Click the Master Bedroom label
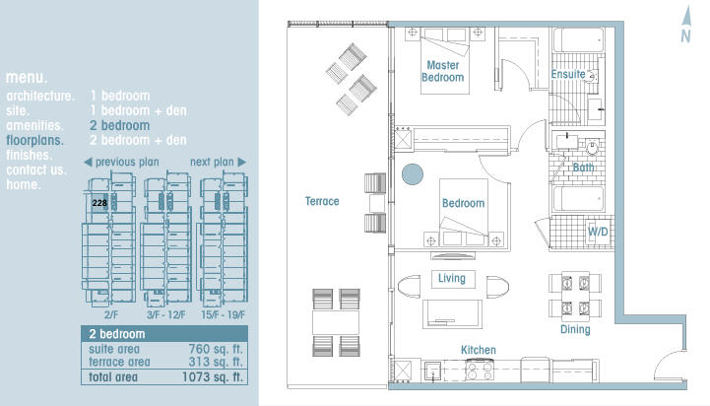pos(442,72)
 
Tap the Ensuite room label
pos(568,74)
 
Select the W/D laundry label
pos(598,232)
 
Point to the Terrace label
pos(322,201)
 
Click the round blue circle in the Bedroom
pos(413,174)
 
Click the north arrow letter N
pos(685,36)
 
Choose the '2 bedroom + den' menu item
pos(138,140)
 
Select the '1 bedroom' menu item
pos(120,96)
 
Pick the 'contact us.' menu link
pos(36,169)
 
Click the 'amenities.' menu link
pos(34,125)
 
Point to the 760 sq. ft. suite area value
pos(216,349)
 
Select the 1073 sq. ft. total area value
pos(213,377)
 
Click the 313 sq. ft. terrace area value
pos(216,362)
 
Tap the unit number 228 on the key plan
pos(99,203)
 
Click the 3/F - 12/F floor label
pos(165,314)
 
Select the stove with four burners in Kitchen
pos(480,370)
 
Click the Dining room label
pos(575,329)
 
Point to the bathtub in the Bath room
pos(579,199)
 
